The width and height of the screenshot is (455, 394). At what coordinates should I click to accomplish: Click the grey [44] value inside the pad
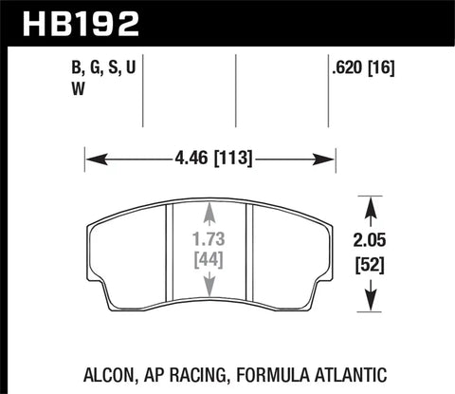click(209, 259)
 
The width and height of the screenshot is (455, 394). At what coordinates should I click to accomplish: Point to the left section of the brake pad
click(128, 252)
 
